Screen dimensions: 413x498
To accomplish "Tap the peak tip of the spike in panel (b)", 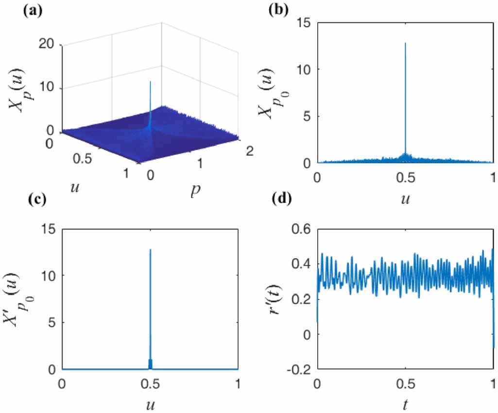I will [405, 43].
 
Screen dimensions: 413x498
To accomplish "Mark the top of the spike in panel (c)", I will [150, 249].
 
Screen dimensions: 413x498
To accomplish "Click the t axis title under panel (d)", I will [405, 400].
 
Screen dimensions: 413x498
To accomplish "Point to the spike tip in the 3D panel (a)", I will [150, 82].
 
